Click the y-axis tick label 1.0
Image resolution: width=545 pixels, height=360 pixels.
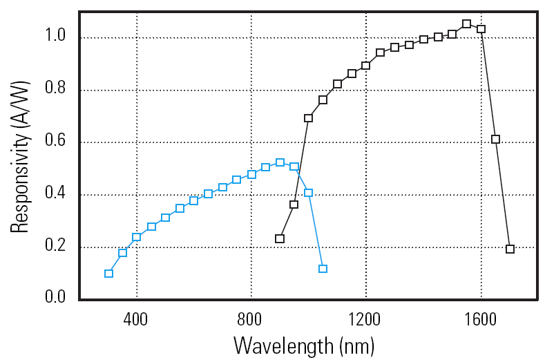[56, 36]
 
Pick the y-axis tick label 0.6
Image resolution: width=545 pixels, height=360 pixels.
[56, 141]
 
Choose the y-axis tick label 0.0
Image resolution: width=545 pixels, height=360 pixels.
[56, 297]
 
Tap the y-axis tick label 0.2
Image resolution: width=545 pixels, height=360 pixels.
[56, 247]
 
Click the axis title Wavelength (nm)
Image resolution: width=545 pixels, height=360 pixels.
[304, 343]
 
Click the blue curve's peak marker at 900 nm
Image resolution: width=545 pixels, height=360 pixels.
[280, 162]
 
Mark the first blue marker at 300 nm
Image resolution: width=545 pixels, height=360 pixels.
[108, 274]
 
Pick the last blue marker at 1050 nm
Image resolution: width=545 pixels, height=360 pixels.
[323, 269]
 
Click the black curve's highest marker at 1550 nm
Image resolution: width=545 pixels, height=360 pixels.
[466, 23]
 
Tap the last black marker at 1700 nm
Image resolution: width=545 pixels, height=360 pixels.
[510, 249]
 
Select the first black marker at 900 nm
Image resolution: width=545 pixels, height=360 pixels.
[280, 238]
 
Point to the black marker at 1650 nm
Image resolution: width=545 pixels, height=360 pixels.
[495, 139]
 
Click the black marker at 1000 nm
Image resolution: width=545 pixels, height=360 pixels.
[308, 118]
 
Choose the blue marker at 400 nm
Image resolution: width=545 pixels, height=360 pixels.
[137, 237]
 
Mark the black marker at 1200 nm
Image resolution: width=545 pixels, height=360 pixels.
[365, 66]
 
